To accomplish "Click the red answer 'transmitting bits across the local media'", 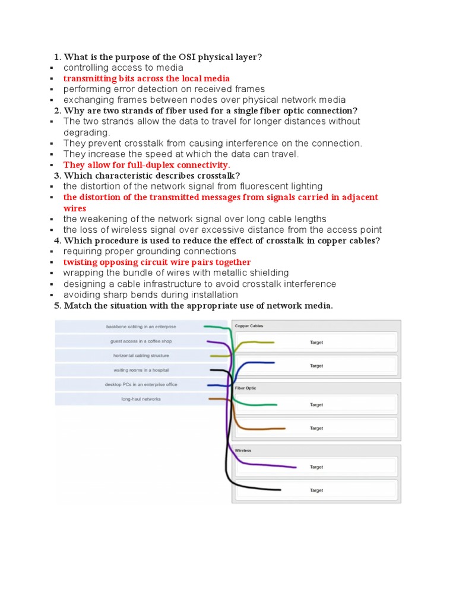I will (x=146, y=78).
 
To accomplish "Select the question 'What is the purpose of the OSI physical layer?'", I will (x=163, y=57).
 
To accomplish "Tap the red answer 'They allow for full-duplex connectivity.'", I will (x=147, y=165).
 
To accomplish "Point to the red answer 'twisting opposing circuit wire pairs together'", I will (x=157, y=262).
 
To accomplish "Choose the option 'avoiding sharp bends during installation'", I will (x=151, y=294).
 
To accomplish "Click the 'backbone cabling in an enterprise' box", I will (x=141, y=327).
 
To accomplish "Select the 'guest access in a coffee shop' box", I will (x=141, y=341).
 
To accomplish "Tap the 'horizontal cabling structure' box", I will (x=141, y=356).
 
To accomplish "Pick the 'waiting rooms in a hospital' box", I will (x=141, y=370).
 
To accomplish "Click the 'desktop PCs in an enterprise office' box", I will (x=141, y=385).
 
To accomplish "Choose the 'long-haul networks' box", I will (x=141, y=399).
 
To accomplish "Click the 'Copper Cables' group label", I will (x=249, y=326).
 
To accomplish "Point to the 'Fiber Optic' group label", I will (x=246, y=388).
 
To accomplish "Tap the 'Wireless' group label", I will (x=243, y=451).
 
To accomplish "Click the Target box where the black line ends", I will (x=316, y=490).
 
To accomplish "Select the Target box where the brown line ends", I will (x=316, y=428).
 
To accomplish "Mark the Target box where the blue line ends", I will (x=316, y=366).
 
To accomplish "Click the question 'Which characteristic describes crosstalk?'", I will (x=151, y=176).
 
